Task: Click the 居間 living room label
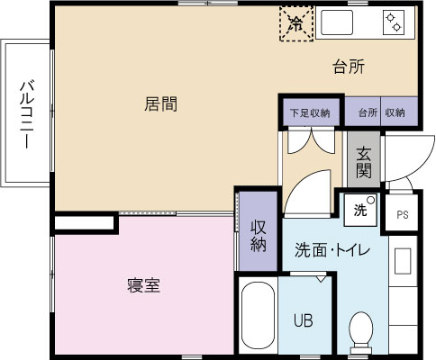[160, 104]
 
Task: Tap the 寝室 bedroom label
[143, 286]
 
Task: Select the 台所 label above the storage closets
[349, 67]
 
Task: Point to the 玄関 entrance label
[364, 163]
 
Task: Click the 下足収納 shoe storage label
[310, 113]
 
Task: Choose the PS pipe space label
[403, 215]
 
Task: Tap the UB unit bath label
[303, 320]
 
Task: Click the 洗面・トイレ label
[332, 250]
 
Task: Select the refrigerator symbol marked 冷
[296, 23]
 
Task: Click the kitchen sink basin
[337, 22]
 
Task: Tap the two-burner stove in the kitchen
[394, 22]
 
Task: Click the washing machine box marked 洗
[360, 210]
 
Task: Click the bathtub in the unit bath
[258, 315]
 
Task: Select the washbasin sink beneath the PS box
[403, 261]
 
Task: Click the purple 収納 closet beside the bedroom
[259, 231]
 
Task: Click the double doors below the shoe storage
[312, 140]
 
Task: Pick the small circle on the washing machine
[371, 200]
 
